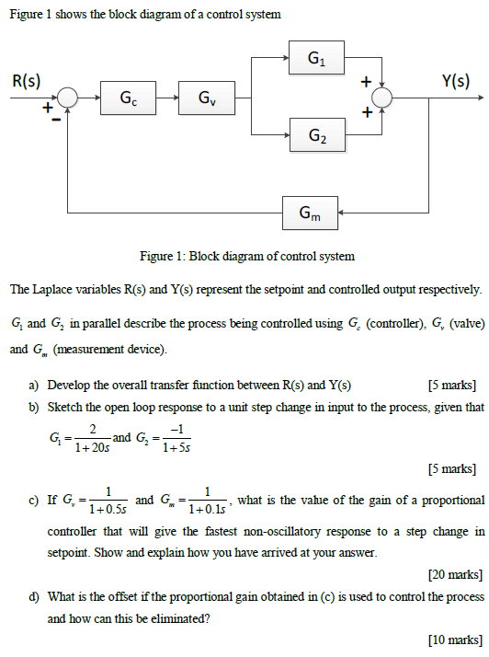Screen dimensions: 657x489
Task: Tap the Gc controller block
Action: pyautogui.click(x=129, y=98)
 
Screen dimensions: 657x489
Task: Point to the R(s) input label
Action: pyautogui.click(x=26, y=80)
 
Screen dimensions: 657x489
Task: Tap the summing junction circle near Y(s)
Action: pyautogui.click(x=381, y=98)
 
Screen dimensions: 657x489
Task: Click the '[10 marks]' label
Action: pyautogui.click(x=454, y=640)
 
